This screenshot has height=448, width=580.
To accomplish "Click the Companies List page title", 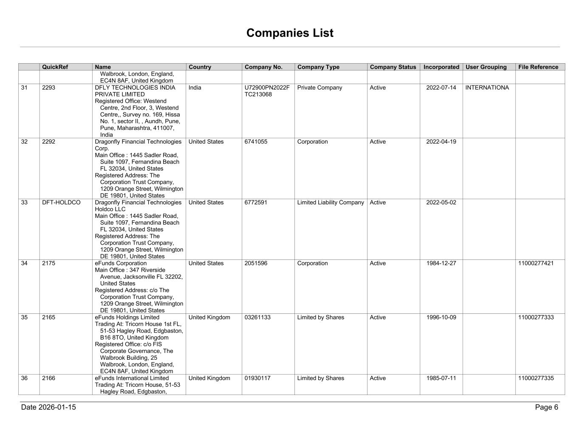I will (290, 33).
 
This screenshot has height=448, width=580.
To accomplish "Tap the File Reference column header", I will (538, 67).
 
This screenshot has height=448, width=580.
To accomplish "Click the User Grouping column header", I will (486, 67).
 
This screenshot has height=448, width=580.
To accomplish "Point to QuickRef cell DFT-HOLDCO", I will (61, 203).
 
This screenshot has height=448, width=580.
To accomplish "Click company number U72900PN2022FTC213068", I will (267, 91).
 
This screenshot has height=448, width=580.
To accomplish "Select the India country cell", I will (195, 88).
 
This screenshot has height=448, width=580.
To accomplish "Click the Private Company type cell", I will (320, 88).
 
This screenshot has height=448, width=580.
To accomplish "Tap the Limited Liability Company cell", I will (331, 203).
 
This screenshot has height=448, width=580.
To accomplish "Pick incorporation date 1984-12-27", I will (441, 263).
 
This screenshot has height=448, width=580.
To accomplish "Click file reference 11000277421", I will (536, 263).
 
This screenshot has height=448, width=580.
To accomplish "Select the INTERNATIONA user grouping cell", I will (487, 88).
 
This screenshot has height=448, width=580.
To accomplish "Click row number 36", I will (24, 378).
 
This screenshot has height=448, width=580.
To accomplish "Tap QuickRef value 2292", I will (48, 142).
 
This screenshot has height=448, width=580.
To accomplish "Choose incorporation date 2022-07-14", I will (441, 88).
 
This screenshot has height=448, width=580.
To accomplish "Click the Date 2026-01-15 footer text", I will (48, 407).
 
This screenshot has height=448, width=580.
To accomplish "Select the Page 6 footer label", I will (546, 407).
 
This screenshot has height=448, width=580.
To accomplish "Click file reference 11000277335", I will (536, 378).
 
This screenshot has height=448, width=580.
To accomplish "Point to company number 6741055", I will (256, 142).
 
